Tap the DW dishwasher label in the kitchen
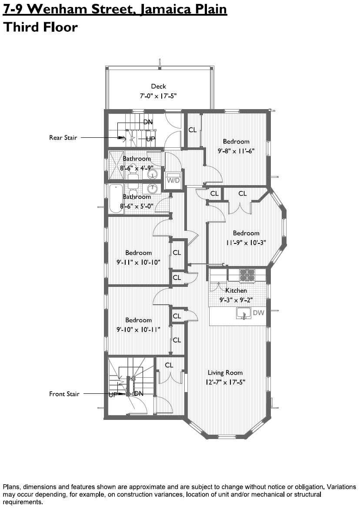tap(258, 313)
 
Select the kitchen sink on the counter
tap(243, 313)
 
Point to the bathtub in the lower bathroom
tap(115, 199)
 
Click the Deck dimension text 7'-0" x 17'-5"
tap(158, 95)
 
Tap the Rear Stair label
tap(63, 138)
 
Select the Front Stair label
tap(64, 394)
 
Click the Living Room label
tap(225, 373)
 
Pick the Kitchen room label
tap(236, 290)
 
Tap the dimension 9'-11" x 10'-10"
tap(138, 262)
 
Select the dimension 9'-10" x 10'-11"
tap(138, 329)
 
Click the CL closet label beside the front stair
tap(169, 365)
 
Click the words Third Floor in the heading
tap(40, 27)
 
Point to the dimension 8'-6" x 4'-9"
tap(137, 168)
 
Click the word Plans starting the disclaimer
tap(12, 486)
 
